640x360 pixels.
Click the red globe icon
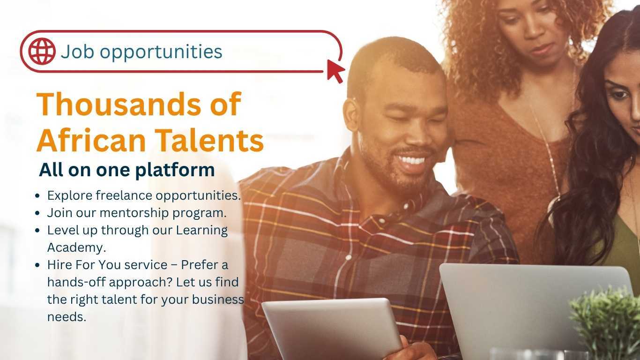tap(42, 51)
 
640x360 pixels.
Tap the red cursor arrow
tap(335, 71)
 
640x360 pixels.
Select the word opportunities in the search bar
tap(161, 52)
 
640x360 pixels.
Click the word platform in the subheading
tap(175, 171)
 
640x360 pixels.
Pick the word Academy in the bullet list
tap(76, 247)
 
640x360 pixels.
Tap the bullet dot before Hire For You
tap(37, 265)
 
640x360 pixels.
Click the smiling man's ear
tap(351, 115)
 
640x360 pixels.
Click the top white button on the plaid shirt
tap(406, 206)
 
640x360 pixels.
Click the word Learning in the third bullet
tap(202, 231)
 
